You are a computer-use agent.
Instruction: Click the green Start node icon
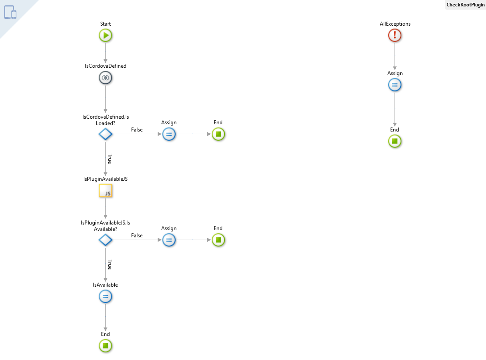105,36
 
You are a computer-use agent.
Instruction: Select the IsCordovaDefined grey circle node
105,78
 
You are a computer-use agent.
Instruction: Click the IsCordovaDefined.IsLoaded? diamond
105,134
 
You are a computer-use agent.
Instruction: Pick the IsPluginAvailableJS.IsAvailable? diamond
105,240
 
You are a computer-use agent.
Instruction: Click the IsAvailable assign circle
105,297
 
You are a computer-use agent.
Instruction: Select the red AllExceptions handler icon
395,36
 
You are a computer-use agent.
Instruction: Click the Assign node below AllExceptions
395,85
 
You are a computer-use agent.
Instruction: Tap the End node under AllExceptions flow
395,141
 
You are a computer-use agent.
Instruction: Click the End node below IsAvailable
105,346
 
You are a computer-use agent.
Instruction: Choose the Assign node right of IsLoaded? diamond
169,134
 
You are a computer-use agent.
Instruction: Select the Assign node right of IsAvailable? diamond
169,240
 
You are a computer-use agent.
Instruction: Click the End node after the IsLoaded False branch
218,134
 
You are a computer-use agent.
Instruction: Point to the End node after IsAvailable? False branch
218,240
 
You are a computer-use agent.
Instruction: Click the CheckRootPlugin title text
465,5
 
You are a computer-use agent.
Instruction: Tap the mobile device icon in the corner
10,12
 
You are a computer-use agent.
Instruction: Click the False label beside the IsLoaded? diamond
137,130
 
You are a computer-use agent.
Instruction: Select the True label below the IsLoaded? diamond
109,158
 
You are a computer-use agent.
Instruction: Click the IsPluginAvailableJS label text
105,179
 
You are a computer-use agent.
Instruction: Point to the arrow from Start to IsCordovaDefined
105,52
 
